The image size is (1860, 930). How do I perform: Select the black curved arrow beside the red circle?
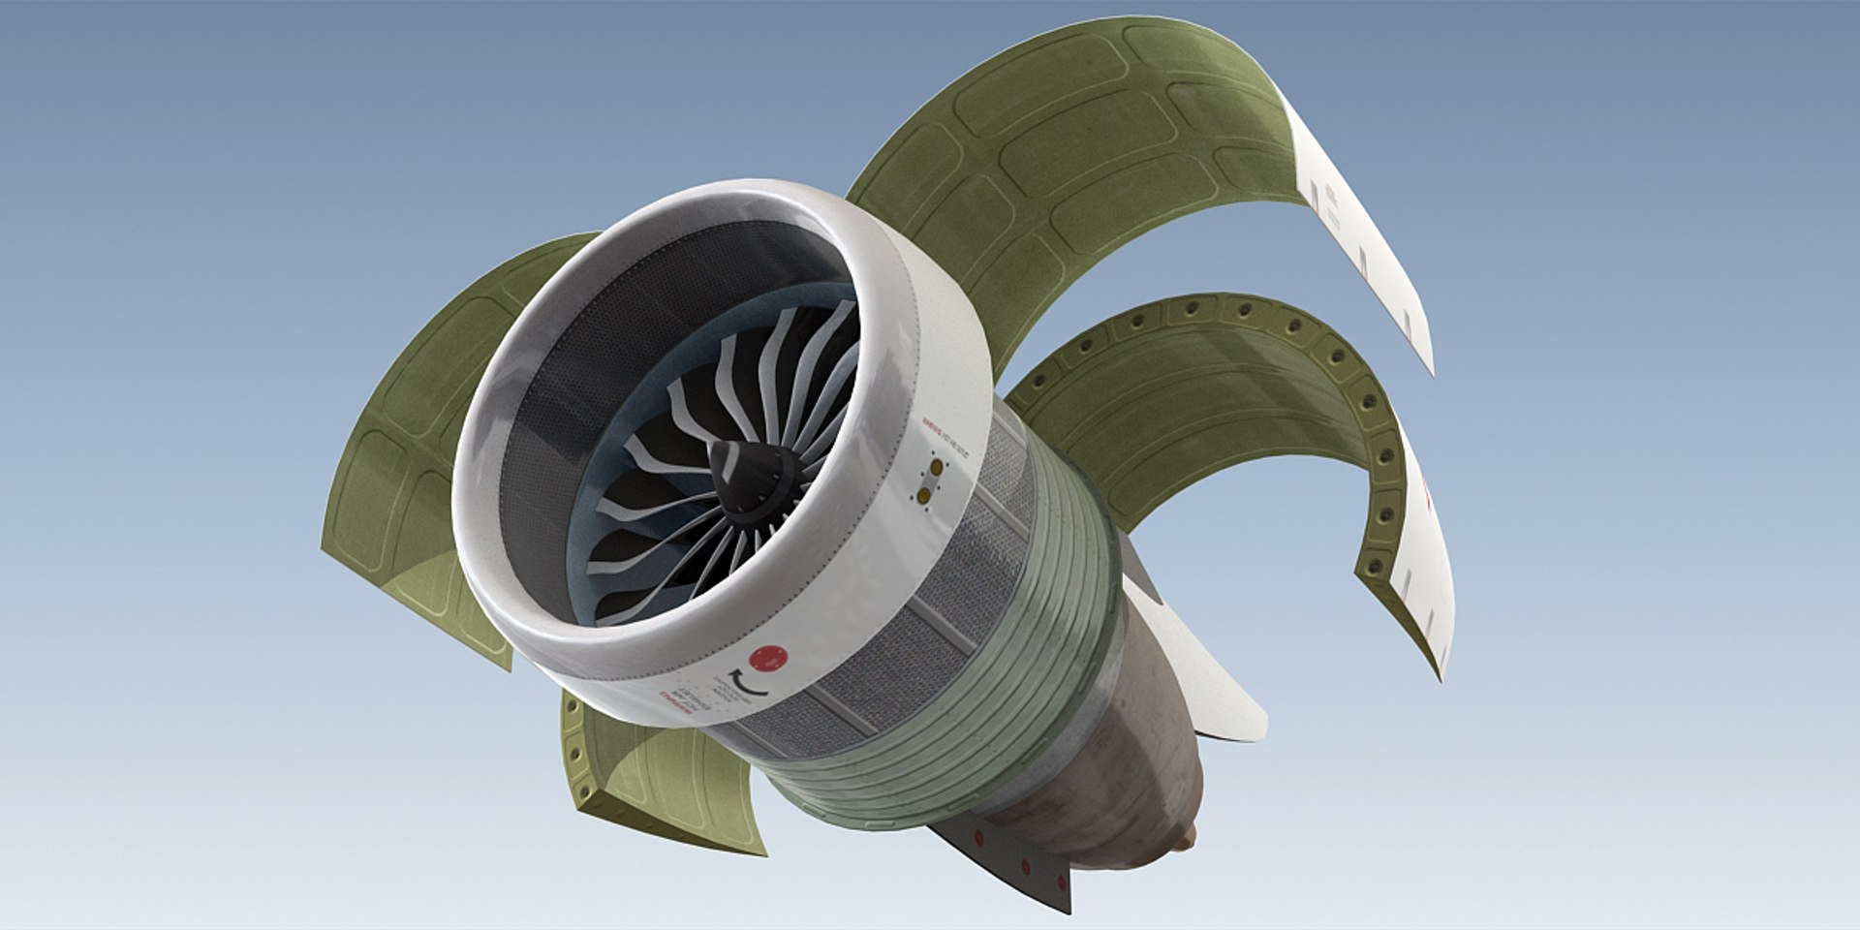pos(749,683)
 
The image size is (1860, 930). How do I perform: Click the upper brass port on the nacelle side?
pos(936,468)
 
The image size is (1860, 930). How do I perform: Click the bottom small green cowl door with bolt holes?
pos(659,775)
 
